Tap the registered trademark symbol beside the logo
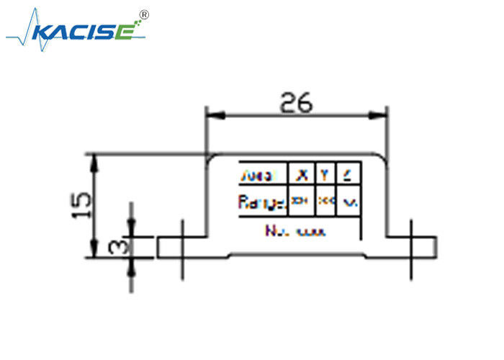point(143,14)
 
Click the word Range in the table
point(261,202)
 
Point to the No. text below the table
point(276,231)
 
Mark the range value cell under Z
point(348,202)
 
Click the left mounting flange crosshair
point(182,247)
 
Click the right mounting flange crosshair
point(411,247)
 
